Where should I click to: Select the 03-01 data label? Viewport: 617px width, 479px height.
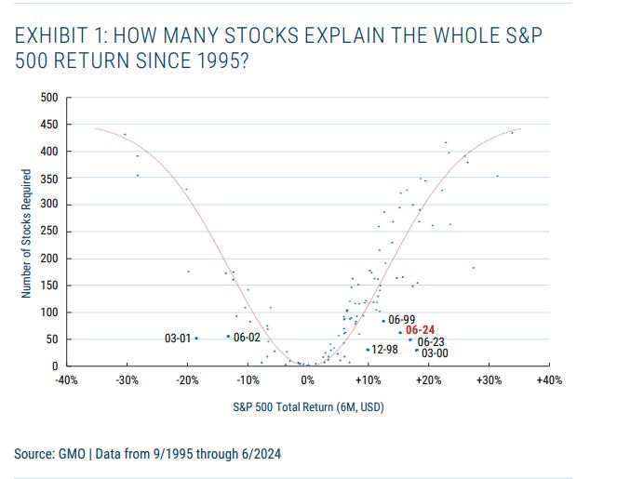click(177, 339)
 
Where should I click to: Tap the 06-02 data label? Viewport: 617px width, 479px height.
click(247, 337)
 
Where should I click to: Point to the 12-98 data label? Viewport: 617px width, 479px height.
click(384, 350)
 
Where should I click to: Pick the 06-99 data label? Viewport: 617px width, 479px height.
click(401, 320)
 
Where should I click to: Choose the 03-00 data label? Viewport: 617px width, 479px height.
click(435, 353)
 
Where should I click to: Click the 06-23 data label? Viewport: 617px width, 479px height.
click(431, 341)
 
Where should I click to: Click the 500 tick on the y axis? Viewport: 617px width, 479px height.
click(49, 98)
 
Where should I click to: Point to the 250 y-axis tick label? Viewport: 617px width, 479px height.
click(49, 232)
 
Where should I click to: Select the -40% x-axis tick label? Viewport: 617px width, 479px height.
click(66, 380)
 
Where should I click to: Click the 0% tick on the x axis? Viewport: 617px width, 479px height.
click(308, 380)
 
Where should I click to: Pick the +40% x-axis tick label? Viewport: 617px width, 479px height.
click(549, 380)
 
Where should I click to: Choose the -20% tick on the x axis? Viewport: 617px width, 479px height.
click(187, 380)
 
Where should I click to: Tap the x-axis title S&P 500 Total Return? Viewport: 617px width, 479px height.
click(307, 406)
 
